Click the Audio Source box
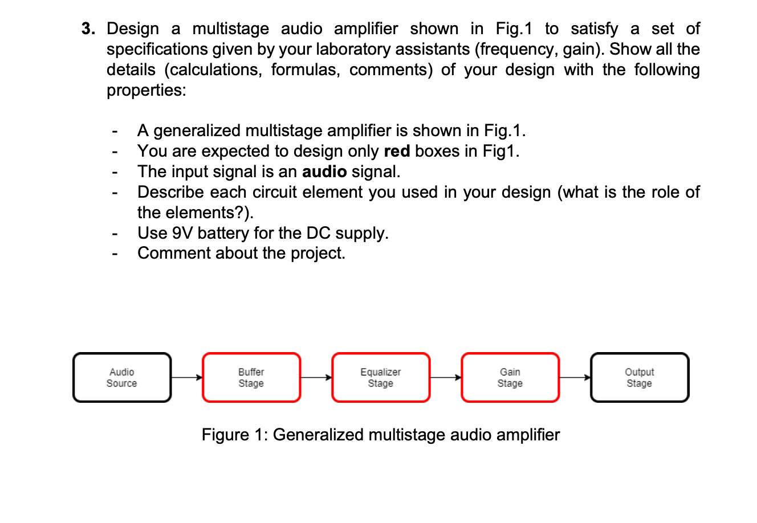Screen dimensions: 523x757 click(122, 378)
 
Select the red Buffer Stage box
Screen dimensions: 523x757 click(251, 378)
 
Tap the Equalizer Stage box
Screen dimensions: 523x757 click(381, 378)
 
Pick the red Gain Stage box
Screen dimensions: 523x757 click(510, 378)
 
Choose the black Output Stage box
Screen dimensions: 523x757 click(640, 378)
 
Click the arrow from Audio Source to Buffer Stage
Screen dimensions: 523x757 click(186, 377)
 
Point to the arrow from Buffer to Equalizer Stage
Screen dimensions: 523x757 click(316, 377)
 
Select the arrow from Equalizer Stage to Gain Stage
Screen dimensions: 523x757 click(445, 377)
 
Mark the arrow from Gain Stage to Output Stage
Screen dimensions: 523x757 click(575, 377)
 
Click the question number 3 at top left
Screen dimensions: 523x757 click(88, 29)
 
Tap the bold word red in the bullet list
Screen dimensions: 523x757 click(397, 151)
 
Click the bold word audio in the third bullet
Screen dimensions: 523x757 click(324, 171)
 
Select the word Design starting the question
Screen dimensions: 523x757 click(133, 29)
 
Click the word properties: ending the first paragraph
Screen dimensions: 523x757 click(146, 91)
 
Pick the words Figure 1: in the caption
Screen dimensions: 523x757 click(234, 435)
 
